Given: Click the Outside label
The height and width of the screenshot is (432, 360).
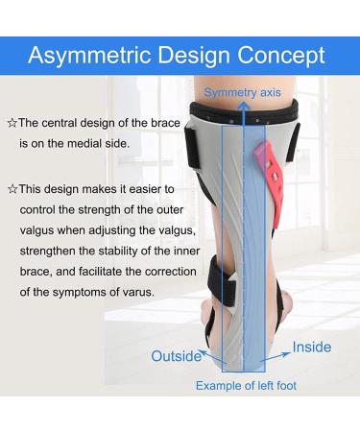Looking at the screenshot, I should pyautogui.click(x=177, y=356).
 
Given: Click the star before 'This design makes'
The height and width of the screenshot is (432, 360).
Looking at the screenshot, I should pyautogui.click(x=11, y=189).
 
